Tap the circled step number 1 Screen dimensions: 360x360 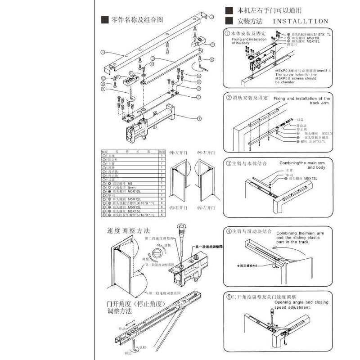coord(228,34)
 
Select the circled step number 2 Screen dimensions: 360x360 coord(228,98)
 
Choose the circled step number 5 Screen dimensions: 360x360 coord(228,297)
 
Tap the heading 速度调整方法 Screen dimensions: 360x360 coord(128,230)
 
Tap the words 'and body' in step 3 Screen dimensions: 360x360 coord(317,167)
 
